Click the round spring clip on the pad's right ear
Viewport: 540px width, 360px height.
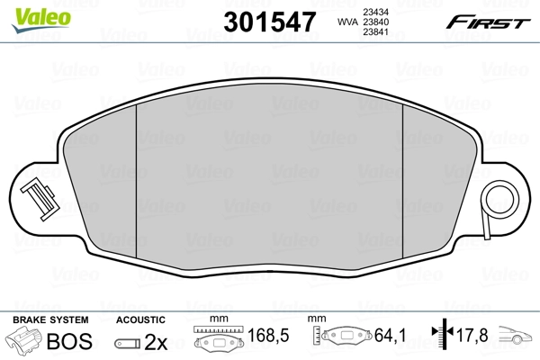point(497,198)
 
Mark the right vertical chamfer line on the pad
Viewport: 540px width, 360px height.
point(401,180)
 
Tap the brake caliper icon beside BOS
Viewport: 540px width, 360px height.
point(23,341)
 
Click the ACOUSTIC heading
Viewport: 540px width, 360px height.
point(140,319)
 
